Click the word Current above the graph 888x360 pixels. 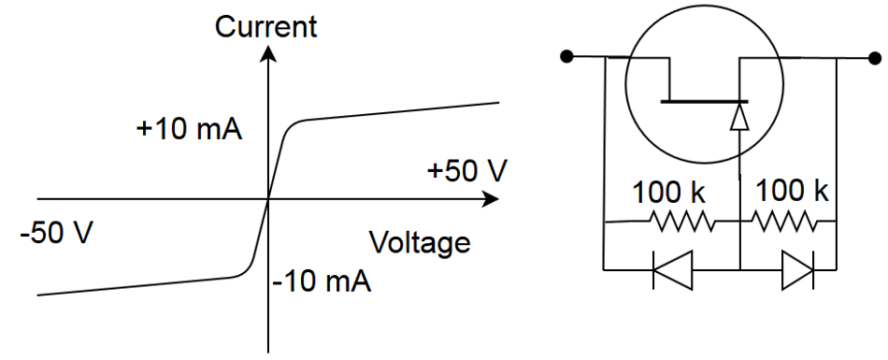click(x=265, y=26)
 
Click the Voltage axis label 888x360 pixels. click(x=420, y=243)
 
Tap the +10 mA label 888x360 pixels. click(x=190, y=128)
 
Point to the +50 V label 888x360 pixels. click(x=466, y=171)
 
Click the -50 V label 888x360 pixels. click(x=57, y=232)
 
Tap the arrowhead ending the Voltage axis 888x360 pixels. click(x=490, y=199)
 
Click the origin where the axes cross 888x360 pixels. click(x=269, y=199)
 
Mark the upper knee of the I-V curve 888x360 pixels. click(x=297, y=122)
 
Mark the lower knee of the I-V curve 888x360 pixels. click(x=241, y=276)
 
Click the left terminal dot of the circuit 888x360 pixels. click(x=566, y=57)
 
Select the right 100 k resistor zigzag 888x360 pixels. click(x=785, y=223)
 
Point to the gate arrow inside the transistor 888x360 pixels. click(x=739, y=116)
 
